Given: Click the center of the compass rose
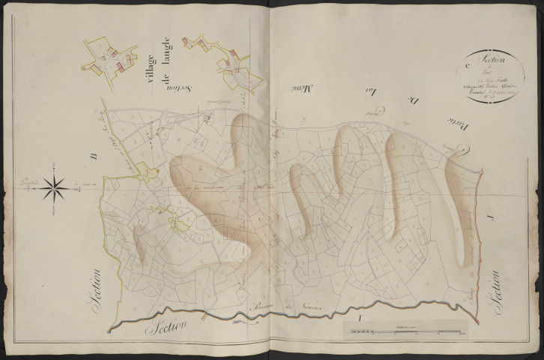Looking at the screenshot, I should click(x=54, y=187).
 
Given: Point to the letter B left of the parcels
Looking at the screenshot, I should click(x=94, y=155).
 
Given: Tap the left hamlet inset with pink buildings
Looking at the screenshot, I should click(x=110, y=59).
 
